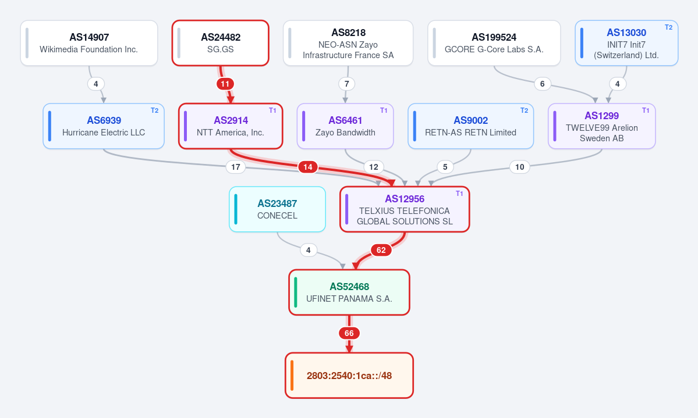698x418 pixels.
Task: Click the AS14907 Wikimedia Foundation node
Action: click(x=89, y=43)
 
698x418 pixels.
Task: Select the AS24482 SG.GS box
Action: click(x=221, y=43)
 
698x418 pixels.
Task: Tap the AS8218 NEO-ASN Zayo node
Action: click(x=348, y=43)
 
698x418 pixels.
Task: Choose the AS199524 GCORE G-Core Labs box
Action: click(x=494, y=43)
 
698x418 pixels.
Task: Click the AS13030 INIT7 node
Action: click(x=626, y=43)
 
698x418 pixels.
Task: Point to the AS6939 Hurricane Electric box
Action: click(x=104, y=126)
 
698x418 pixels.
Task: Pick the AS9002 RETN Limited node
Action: click(x=470, y=126)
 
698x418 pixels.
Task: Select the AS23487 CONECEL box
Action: click(x=277, y=209)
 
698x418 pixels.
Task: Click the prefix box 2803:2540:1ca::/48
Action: click(x=349, y=376)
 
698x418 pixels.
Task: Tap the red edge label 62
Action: click(x=381, y=250)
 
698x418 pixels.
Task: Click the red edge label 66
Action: click(x=349, y=333)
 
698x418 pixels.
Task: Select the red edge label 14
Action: click(x=307, y=167)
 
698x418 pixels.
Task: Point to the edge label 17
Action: click(x=236, y=167)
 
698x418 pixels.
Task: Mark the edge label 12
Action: click(x=374, y=167)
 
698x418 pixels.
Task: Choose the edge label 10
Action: click(x=519, y=167)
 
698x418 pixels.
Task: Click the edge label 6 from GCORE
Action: click(x=542, y=84)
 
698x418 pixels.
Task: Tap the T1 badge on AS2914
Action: click(x=272, y=110)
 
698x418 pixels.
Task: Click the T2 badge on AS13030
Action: click(x=668, y=27)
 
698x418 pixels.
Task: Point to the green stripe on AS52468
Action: click(x=296, y=292)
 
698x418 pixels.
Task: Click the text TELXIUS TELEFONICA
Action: click(x=405, y=211)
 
